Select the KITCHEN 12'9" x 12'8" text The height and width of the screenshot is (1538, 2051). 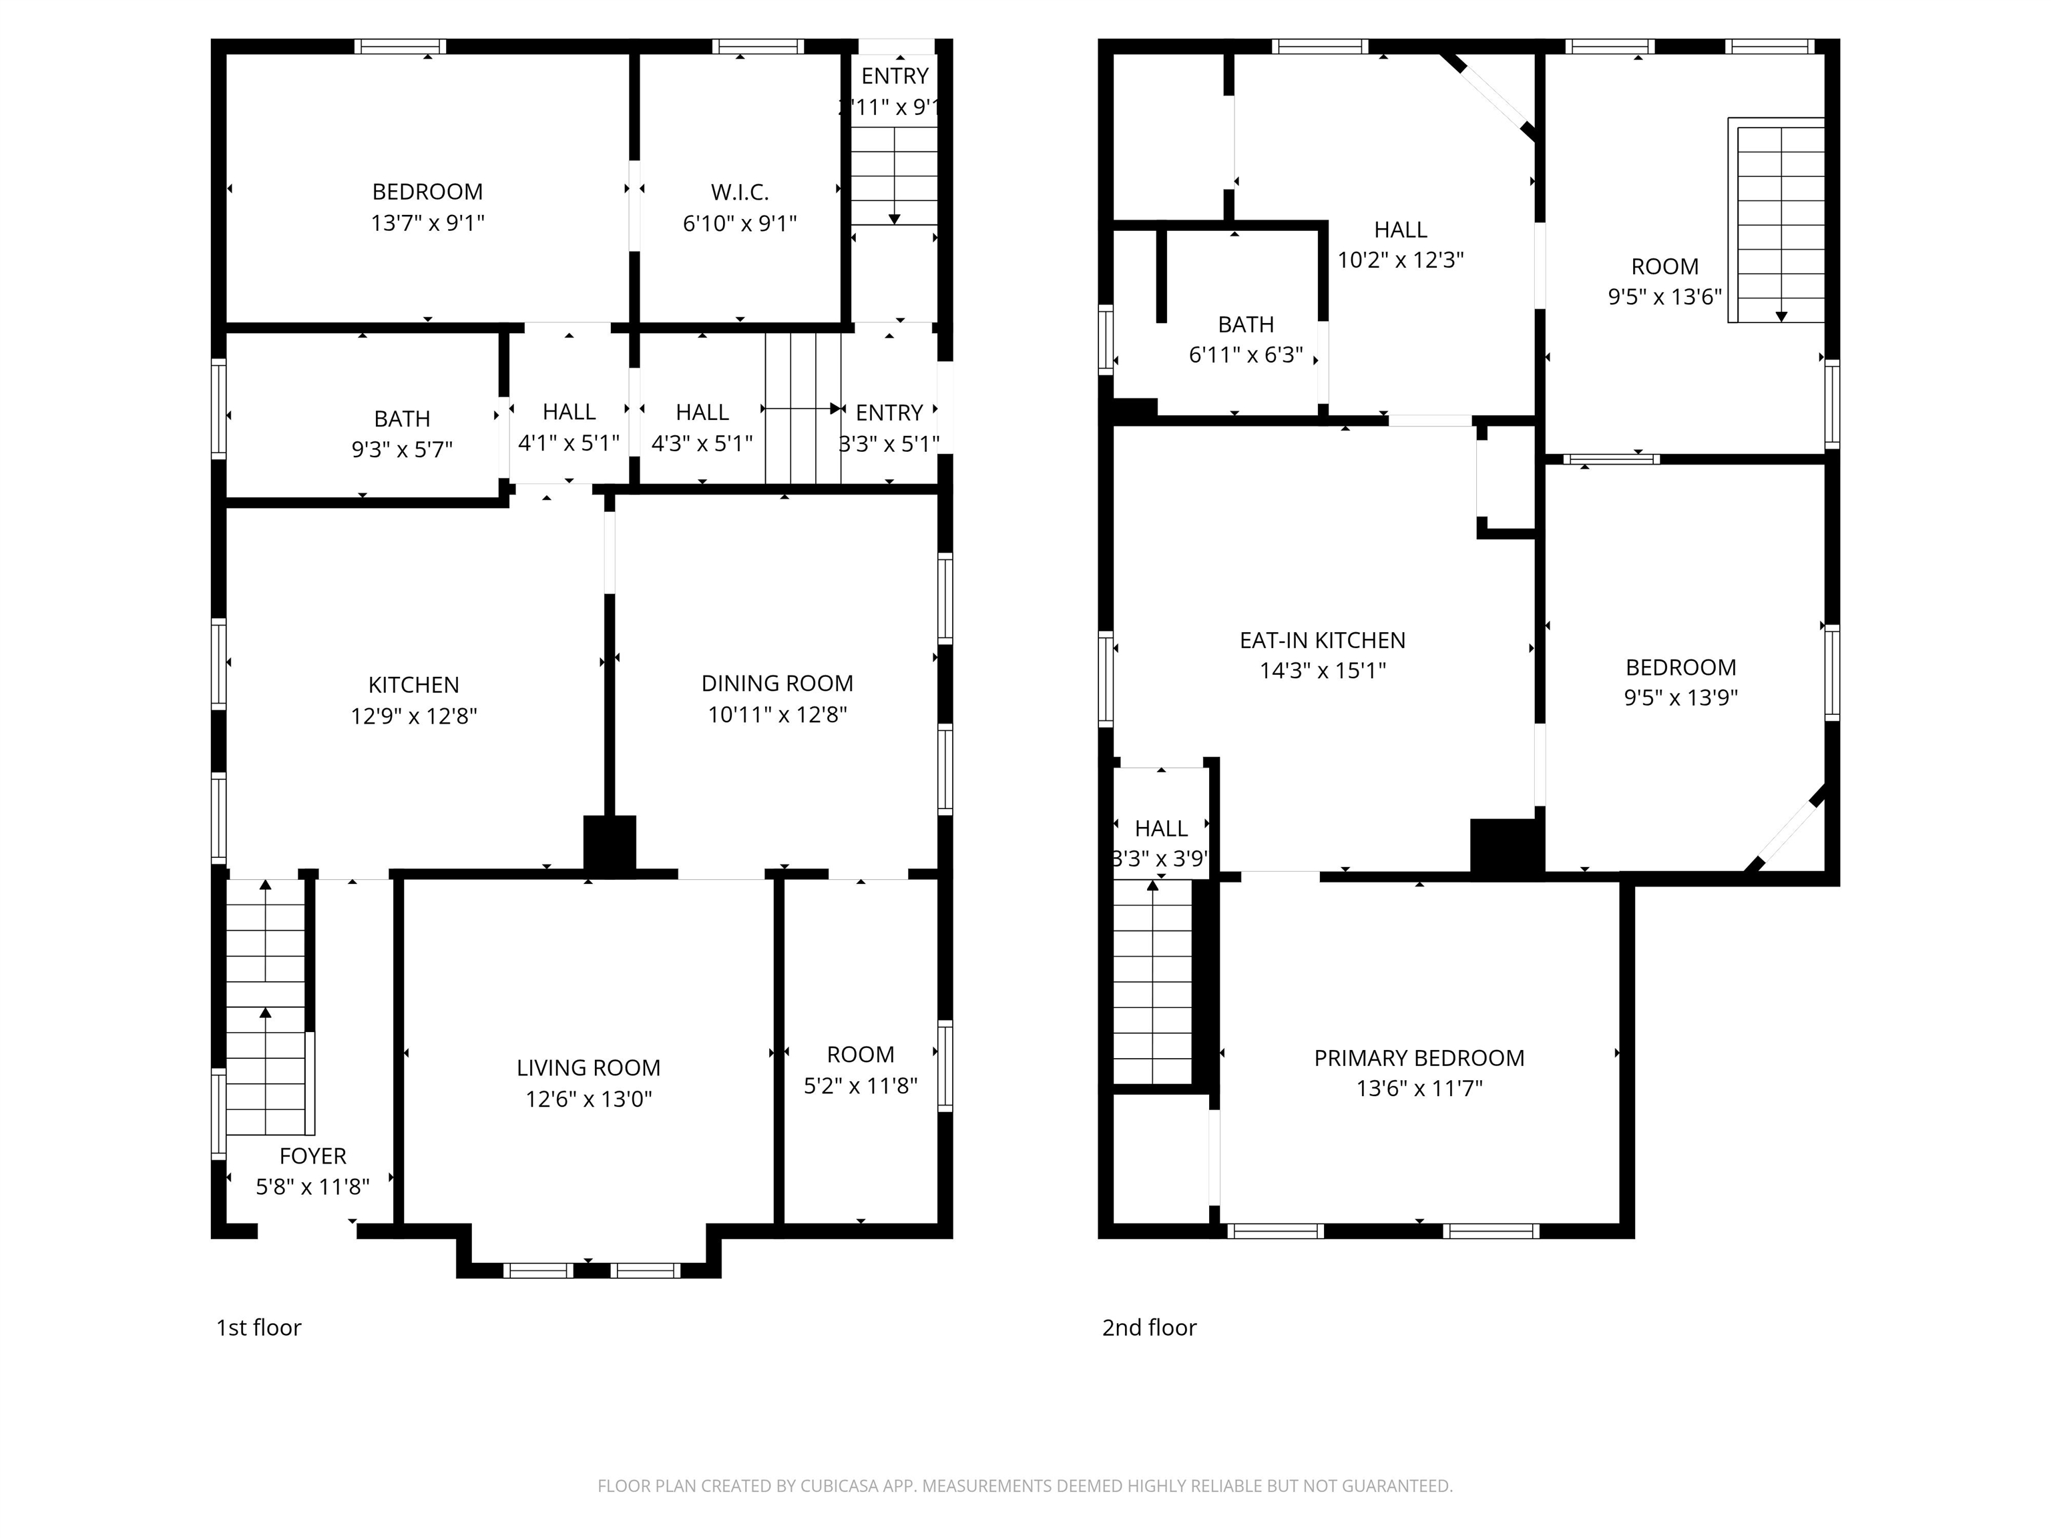413,700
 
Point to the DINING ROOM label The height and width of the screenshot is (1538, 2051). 777,684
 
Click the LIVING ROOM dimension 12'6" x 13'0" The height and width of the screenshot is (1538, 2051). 589,1099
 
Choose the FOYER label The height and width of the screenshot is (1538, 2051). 312,1156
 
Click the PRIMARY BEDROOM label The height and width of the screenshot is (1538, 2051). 1419,1058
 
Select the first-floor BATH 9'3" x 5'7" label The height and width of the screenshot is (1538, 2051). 401,434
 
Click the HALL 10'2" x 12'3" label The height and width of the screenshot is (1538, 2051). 1400,244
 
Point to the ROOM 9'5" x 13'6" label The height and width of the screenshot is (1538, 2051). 1664,281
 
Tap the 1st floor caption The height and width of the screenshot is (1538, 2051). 258,1328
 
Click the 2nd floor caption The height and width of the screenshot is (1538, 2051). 1149,1328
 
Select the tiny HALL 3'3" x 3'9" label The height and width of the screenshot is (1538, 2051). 1161,842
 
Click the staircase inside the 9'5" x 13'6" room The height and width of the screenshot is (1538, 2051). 1780,222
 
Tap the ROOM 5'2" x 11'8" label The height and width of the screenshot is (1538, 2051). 861,1069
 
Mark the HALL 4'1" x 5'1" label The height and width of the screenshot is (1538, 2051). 568,427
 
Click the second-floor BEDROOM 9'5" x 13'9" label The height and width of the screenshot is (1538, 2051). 1680,682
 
